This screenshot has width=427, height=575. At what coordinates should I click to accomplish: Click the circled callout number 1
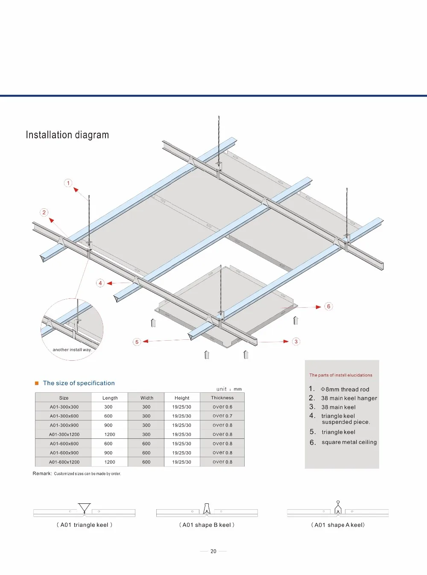coord(68,183)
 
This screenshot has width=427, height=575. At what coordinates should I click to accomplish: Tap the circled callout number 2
coord(44,212)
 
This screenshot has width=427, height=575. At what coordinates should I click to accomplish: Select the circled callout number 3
coord(296,341)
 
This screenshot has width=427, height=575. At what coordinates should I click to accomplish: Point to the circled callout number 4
coord(100,283)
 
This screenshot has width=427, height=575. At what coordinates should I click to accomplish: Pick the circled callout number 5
coord(137,342)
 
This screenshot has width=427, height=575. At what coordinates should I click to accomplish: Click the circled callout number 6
coord(328,306)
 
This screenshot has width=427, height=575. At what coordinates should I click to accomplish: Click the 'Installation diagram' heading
coord(67,135)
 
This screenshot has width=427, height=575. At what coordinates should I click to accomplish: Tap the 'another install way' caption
coord(72,350)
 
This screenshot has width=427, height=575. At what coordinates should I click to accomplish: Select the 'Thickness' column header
coord(222,397)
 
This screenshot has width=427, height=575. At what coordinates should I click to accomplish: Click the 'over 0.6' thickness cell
coord(222,407)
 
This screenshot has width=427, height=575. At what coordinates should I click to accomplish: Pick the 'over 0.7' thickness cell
coord(222,416)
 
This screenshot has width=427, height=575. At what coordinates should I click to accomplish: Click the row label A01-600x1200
coord(64,462)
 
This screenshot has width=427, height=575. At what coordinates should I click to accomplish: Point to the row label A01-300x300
coord(64,407)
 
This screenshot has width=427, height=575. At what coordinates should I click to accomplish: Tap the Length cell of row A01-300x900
coord(108,425)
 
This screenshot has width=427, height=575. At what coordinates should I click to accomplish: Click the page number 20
coord(213,551)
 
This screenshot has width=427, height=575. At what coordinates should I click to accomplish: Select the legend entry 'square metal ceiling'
coord(349,442)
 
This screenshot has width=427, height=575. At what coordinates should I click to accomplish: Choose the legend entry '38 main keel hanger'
coord(349,398)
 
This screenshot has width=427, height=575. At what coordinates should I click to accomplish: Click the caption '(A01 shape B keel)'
coord(207,525)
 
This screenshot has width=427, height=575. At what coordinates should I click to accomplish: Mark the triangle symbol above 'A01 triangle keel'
coord(85,508)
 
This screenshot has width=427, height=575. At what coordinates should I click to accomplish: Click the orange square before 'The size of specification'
coord(37,383)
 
